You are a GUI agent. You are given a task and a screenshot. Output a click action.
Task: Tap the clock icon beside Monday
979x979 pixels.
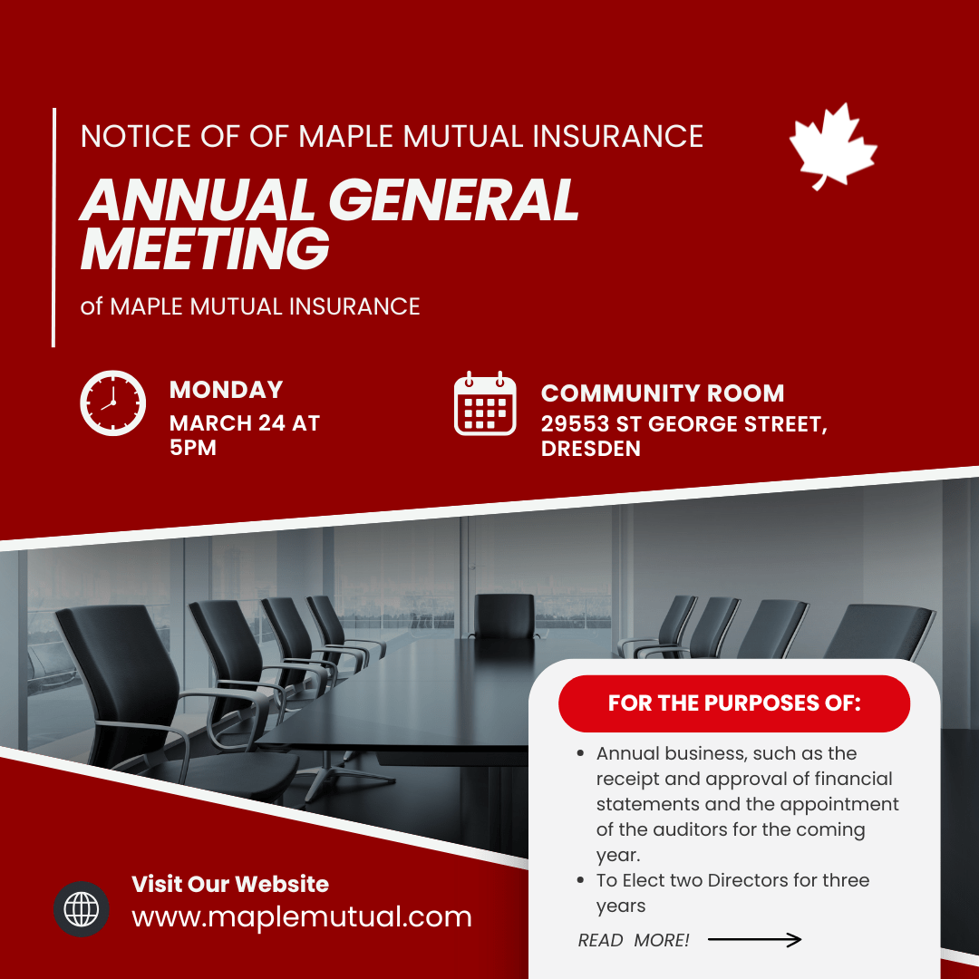tap(113, 402)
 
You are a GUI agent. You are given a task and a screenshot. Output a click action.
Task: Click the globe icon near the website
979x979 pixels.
tap(82, 908)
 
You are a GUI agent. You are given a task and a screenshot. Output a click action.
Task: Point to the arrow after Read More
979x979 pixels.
tap(754, 940)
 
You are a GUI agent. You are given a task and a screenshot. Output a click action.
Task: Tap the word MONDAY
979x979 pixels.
tap(227, 390)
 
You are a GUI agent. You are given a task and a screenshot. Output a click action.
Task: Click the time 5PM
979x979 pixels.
tap(193, 448)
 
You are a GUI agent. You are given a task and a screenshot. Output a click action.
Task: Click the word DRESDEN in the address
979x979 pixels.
tap(591, 449)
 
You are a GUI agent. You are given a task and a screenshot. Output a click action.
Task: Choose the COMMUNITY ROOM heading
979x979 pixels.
tap(663, 393)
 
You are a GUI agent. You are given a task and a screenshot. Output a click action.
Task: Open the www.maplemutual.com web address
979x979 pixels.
tap(302, 916)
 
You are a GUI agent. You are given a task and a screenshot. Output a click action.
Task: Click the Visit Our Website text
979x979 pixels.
tap(230, 884)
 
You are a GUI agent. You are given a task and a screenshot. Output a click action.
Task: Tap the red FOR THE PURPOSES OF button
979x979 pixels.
tap(734, 703)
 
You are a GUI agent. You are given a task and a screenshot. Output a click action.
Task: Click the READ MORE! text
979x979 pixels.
tap(634, 941)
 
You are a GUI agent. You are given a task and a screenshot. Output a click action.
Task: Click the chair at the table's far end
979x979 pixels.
tap(504, 616)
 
